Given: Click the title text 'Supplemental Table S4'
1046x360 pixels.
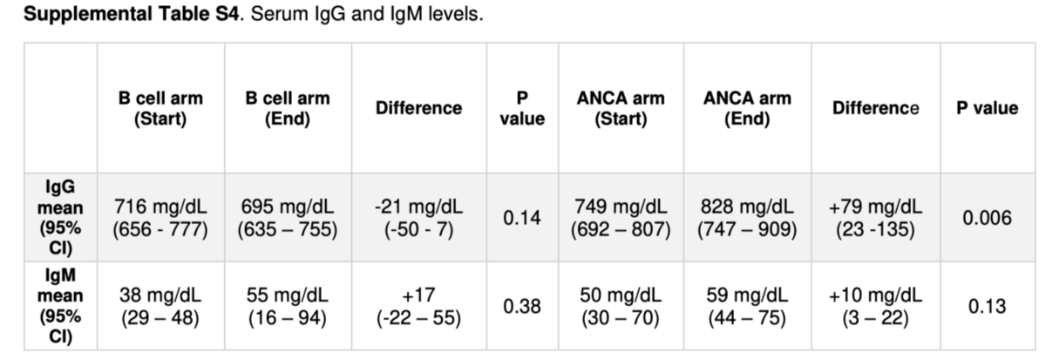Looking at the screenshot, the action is click(132, 14).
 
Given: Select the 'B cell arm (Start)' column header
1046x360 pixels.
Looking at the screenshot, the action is click(160, 108).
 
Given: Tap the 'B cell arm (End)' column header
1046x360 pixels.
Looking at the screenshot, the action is click(288, 108).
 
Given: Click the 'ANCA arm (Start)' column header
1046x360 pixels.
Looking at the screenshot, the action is click(621, 108).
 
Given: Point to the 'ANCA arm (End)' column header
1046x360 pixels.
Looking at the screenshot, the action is click(747, 108).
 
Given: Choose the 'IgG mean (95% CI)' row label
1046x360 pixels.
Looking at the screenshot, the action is click(60, 217).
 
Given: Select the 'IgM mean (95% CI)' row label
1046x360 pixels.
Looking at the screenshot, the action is click(60, 306).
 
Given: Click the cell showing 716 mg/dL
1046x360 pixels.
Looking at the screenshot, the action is click(160, 218).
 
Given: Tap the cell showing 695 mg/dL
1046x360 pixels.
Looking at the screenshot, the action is click(288, 218).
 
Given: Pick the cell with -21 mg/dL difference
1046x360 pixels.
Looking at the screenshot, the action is click(419, 218).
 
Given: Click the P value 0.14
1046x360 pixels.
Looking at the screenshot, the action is click(522, 218).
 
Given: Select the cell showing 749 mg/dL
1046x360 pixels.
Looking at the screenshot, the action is click(621, 218).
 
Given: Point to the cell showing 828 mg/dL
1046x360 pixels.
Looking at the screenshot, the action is click(747, 218).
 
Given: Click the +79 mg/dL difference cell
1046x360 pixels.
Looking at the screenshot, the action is click(875, 218).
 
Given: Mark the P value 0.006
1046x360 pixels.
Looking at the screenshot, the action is click(987, 218).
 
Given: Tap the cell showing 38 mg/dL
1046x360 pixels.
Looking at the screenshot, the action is click(160, 306).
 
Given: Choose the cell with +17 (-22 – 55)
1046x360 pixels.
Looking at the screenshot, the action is click(419, 306).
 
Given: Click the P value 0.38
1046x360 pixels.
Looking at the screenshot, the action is click(522, 306).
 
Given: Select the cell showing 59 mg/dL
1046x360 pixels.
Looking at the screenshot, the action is click(747, 306).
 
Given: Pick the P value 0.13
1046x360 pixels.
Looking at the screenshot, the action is click(987, 306).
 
